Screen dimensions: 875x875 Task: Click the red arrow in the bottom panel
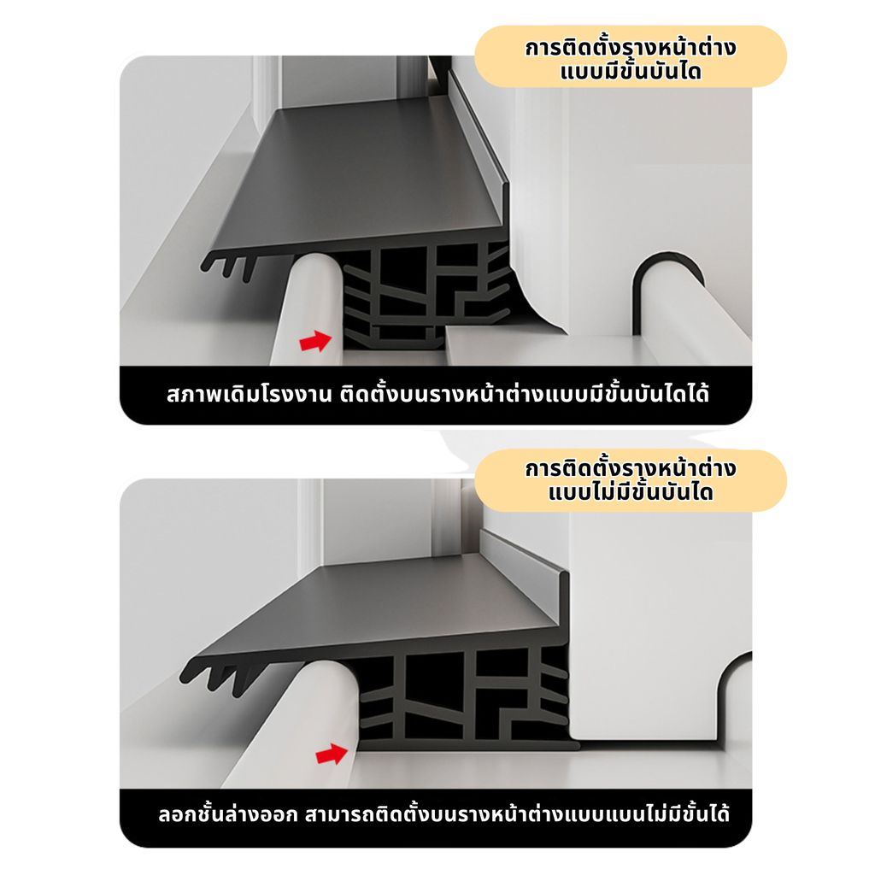[x=332, y=754]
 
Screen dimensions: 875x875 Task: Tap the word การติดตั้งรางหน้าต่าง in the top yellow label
[x=631, y=47]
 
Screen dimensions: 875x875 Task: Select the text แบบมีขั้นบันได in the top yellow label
[x=631, y=72]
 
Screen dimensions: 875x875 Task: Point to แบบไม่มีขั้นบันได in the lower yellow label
[x=631, y=492]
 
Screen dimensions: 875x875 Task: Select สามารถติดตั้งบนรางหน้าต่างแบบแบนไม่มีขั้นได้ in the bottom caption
[x=517, y=814]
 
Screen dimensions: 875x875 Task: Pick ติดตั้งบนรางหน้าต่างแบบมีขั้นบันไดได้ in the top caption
[x=524, y=394]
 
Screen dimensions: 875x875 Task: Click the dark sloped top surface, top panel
[x=357, y=173]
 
